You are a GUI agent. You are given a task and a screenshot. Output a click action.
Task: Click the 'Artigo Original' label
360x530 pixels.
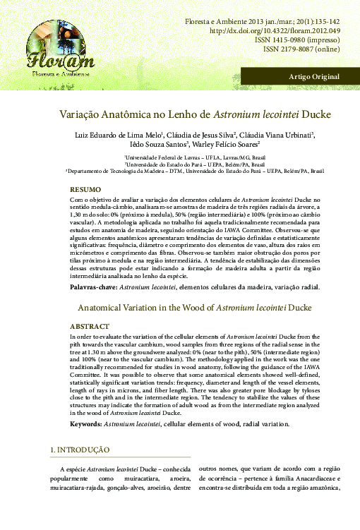[x=314, y=76]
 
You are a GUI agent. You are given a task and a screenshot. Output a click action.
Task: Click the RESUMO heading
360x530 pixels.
[x=85, y=190]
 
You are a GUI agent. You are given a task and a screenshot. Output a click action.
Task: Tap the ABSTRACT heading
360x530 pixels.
[x=89, y=326]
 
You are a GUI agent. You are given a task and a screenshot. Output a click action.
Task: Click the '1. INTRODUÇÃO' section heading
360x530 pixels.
[x=79, y=450]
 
